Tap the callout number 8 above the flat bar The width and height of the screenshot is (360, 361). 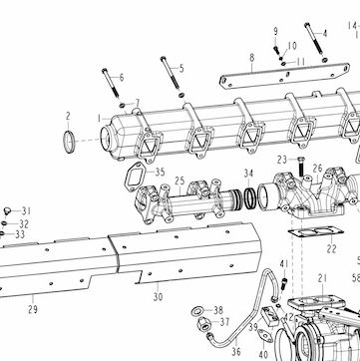click(251, 58)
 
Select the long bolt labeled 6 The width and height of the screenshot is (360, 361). click(111, 83)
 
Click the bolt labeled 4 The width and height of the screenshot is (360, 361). click(314, 38)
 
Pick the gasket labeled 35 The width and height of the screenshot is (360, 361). click(136, 177)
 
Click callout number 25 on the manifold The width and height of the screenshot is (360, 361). click(180, 181)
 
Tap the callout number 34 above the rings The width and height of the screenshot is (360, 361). click(248, 174)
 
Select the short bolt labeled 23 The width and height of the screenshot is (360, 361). click(301, 167)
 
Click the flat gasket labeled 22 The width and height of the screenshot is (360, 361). click(314, 231)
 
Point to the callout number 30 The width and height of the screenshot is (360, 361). click(158, 296)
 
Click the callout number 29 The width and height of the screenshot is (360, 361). click(33, 309)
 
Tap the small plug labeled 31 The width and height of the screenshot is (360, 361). click(7, 210)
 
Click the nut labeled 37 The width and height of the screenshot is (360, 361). click(202, 323)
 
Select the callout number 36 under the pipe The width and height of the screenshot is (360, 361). click(236, 351)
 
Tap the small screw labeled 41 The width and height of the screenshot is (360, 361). click(284, 283)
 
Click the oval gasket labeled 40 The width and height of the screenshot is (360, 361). click(265, 335)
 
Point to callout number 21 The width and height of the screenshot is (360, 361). click(322, 278)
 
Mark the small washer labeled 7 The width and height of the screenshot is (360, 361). click(122, 106)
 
